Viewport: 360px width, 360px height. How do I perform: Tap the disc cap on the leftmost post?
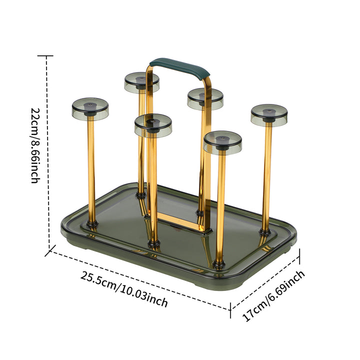tap(90, 109)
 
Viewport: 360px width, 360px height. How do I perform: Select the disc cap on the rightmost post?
tap(269, 115)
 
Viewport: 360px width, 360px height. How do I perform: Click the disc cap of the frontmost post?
tap(222, 142)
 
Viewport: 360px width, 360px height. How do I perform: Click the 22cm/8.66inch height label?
tap(35, 145)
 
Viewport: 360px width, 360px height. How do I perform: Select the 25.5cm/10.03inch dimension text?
tap(124, 289)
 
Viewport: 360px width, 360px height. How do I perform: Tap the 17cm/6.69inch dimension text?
tap(273, 296)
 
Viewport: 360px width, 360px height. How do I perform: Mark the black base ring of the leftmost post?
tap(92, 223)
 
